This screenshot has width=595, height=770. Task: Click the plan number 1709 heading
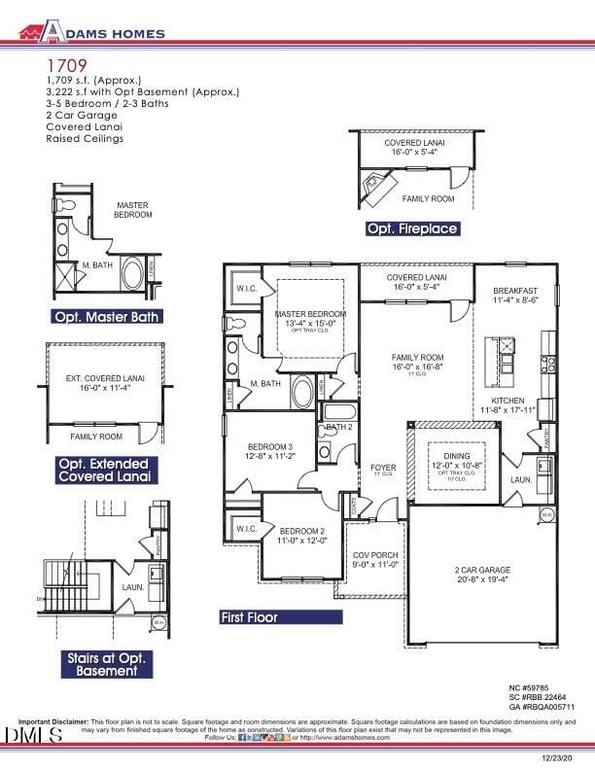[66, 64]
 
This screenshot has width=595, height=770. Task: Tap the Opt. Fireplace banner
[411, 228]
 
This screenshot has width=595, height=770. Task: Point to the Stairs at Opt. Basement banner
[103, 664]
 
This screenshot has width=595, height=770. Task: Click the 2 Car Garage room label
[482, 575]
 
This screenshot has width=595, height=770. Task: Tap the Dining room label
[456, 461]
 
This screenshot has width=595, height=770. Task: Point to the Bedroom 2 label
[303, 536]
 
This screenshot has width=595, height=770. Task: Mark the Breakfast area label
[515, 295]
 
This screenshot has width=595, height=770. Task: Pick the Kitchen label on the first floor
[507, 404]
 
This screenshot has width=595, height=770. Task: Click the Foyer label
[383, 469]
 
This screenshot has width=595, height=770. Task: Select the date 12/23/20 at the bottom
[559, 757]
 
